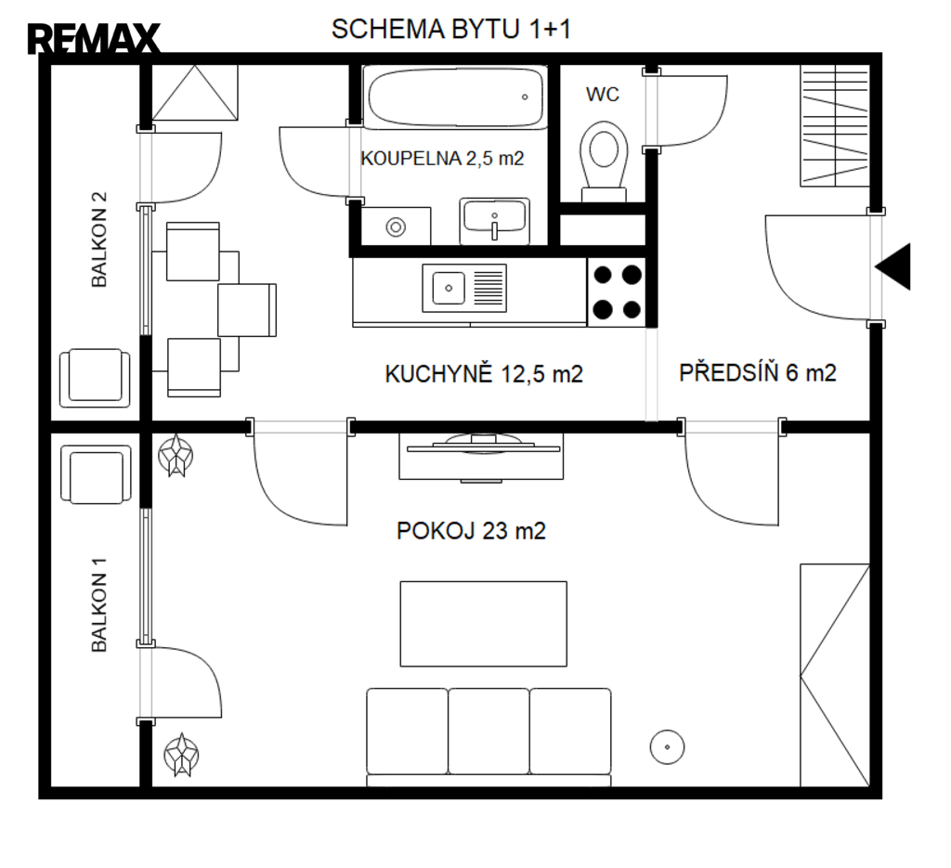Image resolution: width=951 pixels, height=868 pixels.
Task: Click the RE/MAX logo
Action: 94,39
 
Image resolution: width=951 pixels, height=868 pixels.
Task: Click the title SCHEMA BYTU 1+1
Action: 451,29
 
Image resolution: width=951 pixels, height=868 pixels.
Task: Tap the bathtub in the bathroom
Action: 455,97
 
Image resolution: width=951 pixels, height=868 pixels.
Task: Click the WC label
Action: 602,95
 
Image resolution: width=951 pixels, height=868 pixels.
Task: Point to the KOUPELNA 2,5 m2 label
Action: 442,158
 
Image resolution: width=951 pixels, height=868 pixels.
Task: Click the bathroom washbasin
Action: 494,221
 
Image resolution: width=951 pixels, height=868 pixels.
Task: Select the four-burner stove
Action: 617,292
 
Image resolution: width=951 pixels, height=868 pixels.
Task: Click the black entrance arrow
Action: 893,266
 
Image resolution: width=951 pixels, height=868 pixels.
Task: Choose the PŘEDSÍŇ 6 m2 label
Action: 758,372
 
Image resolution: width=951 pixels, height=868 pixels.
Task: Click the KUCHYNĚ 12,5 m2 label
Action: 484,373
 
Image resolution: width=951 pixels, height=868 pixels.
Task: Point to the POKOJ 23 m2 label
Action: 471,531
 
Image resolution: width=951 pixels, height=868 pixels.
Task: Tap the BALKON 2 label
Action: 98,240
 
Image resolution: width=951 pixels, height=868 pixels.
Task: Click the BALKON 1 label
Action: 98,605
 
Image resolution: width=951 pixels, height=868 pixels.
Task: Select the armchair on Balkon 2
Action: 95,378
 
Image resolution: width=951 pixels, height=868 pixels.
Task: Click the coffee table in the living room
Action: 483,624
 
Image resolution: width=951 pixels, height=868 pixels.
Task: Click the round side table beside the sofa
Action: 667,746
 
